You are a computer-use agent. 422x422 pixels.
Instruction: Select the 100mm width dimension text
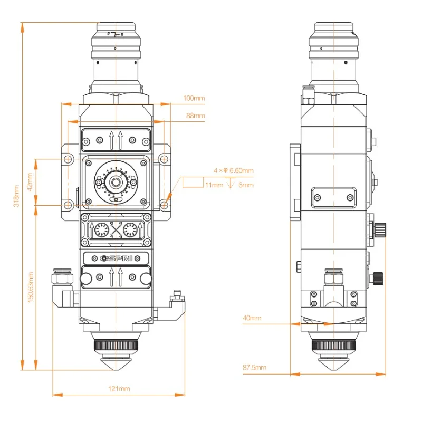click(194, 98)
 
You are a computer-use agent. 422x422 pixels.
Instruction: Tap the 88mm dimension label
click(195, 116)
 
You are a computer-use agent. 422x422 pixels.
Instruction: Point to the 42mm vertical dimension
click(30, 181)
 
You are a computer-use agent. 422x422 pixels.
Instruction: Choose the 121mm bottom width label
click(119, 389)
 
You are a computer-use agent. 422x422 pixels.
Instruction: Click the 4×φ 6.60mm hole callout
click(233, 171)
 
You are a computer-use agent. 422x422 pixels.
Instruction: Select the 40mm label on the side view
click(252, 318)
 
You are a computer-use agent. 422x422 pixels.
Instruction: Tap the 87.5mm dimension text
click(254, 368)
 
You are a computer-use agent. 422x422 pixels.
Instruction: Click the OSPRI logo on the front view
click(116, 258)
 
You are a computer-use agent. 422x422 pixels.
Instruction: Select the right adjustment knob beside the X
click(130, 230)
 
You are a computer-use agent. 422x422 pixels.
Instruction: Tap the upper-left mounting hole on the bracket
click(68, 159)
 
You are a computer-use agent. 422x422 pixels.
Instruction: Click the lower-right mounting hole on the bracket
click(165, 204)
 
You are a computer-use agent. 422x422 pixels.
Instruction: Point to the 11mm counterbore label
click(213, 185)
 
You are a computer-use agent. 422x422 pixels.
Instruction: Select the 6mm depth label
click(246, 185)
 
